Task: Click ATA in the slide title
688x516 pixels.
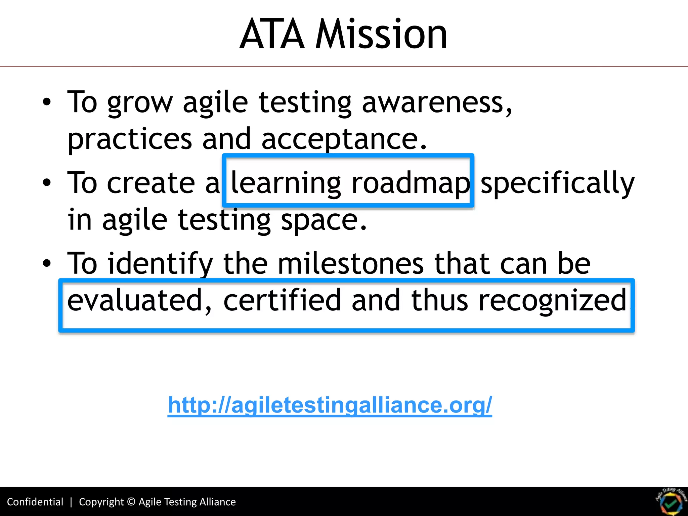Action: (272, 34)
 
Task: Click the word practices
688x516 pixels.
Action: (130, 139)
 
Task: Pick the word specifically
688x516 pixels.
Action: (557, 183)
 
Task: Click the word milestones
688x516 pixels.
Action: (351, 264)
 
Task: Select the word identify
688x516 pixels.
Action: (160, 264)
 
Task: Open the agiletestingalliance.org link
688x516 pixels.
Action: (330, 405)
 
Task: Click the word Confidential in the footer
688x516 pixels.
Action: (35, 502)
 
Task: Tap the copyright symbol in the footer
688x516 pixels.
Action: (131, 502)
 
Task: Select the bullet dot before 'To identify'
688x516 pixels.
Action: (47, 263)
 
